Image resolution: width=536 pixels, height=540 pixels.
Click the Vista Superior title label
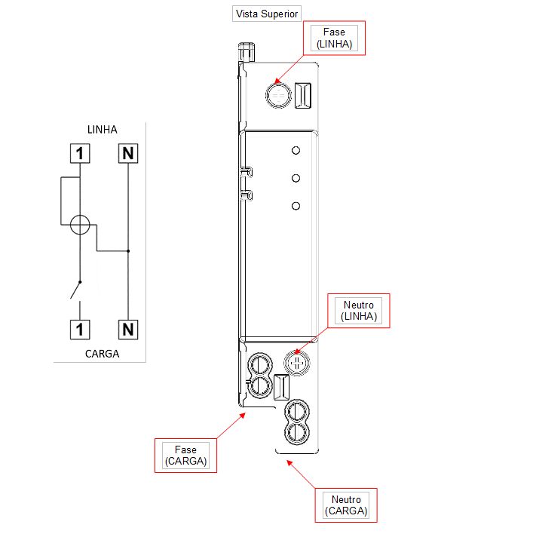click(267, 14)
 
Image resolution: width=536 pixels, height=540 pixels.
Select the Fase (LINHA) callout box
click(334, 38)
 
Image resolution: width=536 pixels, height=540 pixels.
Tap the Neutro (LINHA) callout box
click(359, 311)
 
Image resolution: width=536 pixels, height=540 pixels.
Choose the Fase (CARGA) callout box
click(186, 456)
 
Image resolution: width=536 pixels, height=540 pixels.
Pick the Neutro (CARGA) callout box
click(346, 505)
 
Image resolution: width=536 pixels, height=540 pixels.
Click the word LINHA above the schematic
click(103, 130)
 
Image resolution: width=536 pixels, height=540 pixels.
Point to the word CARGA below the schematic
click(103, 354)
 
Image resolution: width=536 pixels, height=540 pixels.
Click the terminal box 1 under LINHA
click(80, 153)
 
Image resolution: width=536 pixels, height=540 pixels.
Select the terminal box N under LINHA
click(128, 153)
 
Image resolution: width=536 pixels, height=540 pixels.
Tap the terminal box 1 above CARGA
click(80, 330)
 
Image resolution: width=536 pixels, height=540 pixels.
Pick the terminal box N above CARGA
click(128, 330)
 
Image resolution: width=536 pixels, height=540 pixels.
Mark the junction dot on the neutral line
click(128, 251)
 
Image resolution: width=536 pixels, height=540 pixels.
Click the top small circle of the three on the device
click(296, 151)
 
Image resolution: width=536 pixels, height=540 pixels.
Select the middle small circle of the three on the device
click(296, 178)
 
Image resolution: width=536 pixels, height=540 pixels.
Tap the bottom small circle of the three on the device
click(296, 206)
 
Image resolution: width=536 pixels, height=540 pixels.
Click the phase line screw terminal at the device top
click(278, 95)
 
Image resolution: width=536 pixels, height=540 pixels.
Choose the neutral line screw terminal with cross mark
click(297, 363)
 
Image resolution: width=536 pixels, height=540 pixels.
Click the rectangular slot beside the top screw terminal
click(303, 95)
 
